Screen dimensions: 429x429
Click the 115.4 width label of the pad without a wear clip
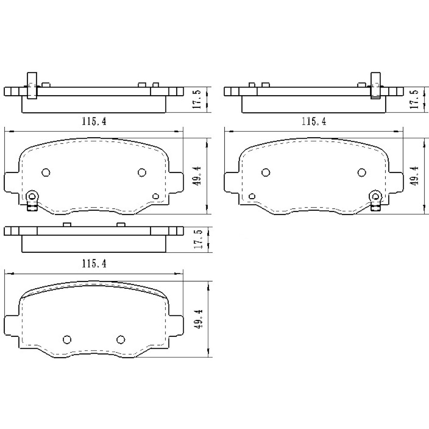click(94, 264)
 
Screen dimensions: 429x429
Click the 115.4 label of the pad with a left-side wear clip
click(94, 121)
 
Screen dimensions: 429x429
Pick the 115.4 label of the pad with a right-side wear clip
click(314, 121)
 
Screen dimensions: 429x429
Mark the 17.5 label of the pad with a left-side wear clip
click(198, 100)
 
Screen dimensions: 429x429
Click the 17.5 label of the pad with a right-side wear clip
click(414, 100)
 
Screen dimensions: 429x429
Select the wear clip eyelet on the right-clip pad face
click(376, 196)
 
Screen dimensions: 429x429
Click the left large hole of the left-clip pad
click(46, 172)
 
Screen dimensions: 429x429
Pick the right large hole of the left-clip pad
click(142, 172)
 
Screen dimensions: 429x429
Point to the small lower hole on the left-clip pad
click(156, 196)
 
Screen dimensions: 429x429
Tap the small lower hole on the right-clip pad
click(252, 196)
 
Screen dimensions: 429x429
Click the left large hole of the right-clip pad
click(266, 172)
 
